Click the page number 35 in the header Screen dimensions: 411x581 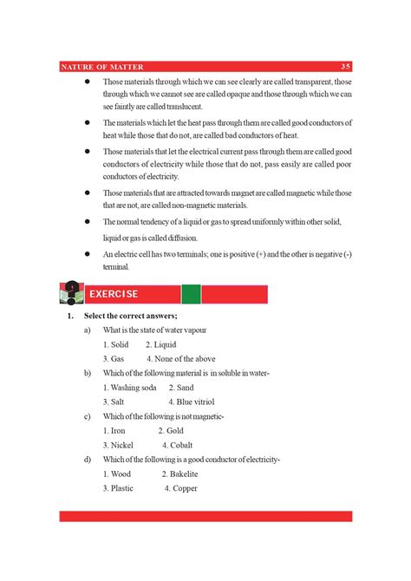click(345, 67)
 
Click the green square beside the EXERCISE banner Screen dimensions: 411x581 click(191, 294)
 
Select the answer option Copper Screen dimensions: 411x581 click(185, 488)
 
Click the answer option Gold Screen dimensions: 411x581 click(174, 430)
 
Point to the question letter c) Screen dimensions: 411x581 click(88, 416)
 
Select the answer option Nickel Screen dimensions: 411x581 click(119, 445)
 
